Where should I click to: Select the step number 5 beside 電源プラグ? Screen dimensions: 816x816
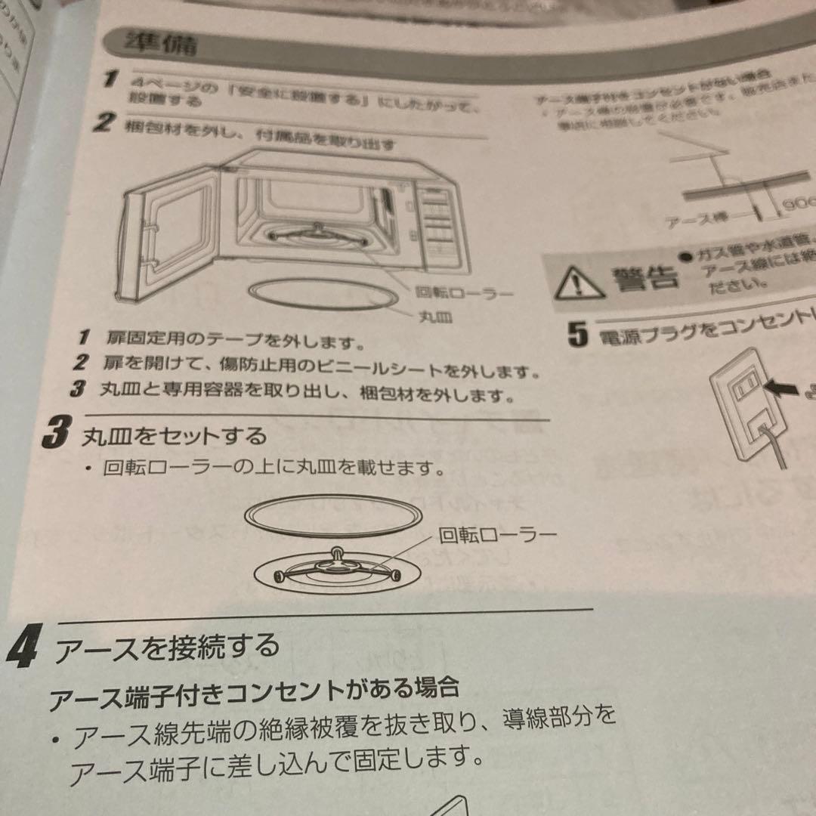pos(578,335)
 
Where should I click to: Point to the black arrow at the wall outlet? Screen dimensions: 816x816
pos(783,388)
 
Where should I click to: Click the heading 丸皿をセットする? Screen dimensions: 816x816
pos(175,436)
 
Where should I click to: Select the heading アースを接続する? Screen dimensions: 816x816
pos(166,648)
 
